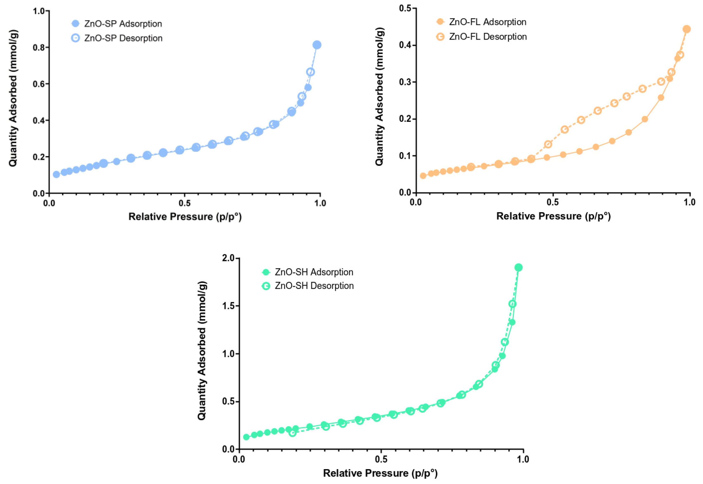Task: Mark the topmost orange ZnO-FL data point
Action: tap(687, 29)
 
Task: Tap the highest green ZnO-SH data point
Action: tap(519, 267)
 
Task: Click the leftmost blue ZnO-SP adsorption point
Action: tap(56, 174)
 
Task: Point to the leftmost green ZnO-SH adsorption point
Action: tap(246, 437)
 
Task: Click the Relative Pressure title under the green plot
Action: tap(380, 473)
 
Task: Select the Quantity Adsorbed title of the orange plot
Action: tap(380, 96)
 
